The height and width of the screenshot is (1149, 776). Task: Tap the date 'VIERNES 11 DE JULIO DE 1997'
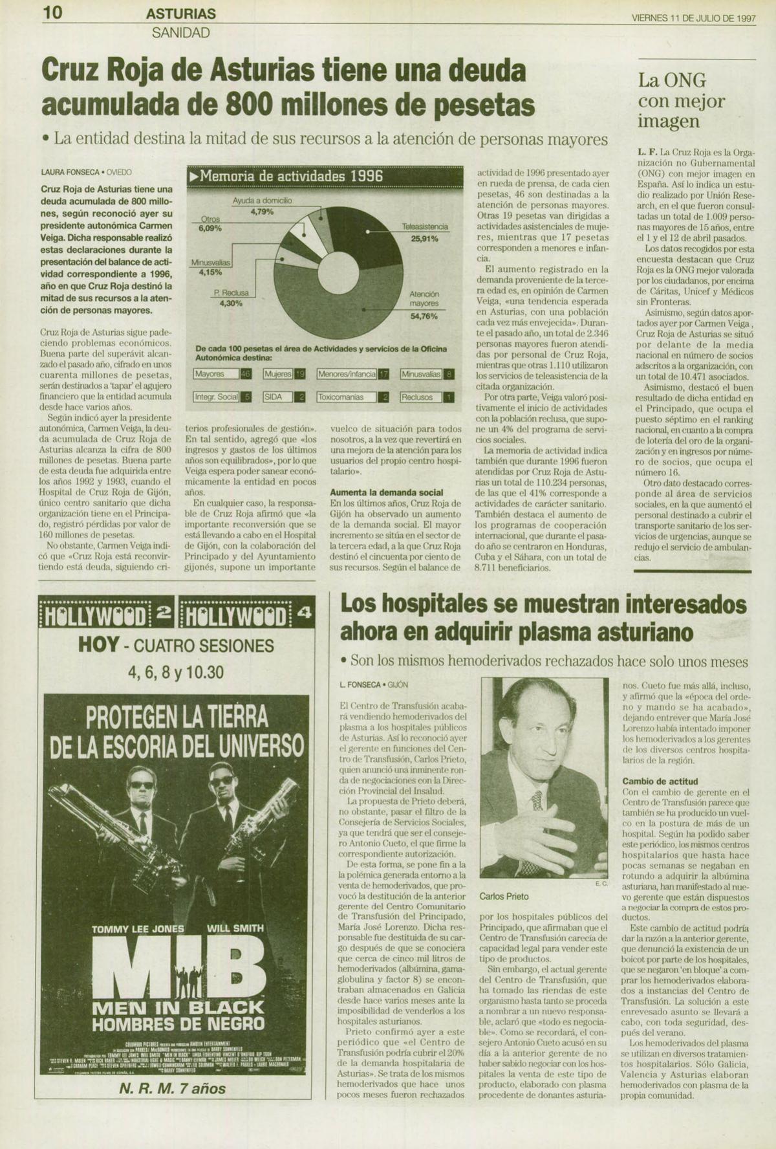pos(693,18)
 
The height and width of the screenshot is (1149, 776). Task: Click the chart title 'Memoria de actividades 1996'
pos(291,176)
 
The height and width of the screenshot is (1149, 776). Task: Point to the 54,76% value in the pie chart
pos(424,316)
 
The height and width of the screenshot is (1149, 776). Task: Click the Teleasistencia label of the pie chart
pos(425,228)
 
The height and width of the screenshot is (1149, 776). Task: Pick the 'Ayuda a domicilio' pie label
pos(262,201)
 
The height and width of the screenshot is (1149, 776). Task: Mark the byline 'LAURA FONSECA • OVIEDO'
pos(86,173)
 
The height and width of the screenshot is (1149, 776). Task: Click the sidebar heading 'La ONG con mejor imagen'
pos(673,101)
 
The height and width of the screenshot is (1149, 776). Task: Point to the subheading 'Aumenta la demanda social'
pos(386,492)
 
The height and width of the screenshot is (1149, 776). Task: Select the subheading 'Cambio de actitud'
pos(660,782)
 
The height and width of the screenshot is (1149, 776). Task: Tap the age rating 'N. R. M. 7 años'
pos(173,1089)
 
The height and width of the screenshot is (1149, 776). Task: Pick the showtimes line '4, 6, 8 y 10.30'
pos(176,672)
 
